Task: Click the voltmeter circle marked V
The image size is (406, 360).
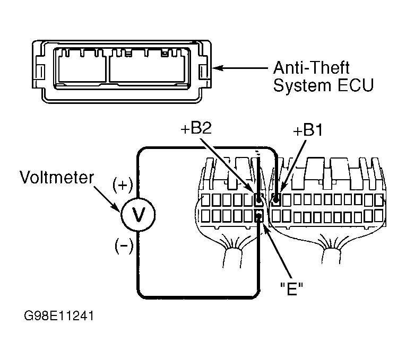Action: [x=138, y=214]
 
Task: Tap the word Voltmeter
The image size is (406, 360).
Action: [x=57, y=178]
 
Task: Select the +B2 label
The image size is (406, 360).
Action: [x=196, y=128]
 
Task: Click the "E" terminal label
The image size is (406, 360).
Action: [x=291, y=288]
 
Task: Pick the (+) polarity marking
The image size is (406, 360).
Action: [x=123, y=185]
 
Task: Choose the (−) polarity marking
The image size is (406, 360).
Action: [x=124, y=245]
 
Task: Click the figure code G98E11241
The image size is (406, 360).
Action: [x=59, y=316]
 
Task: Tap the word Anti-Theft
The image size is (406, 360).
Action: [x=311, y=68]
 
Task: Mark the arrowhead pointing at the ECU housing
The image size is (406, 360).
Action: [x=218, y=68]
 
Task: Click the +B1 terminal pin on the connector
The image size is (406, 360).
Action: [x=277, y=199]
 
